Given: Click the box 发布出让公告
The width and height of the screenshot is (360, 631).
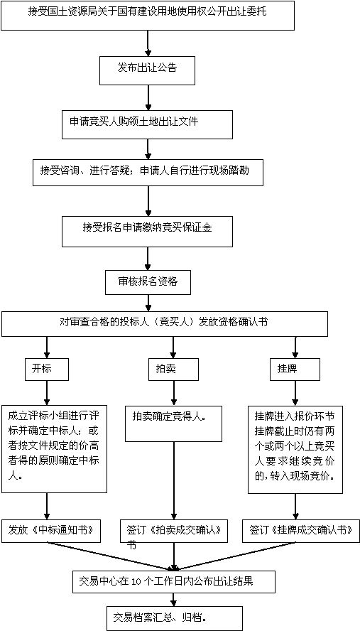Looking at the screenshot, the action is [147, 70].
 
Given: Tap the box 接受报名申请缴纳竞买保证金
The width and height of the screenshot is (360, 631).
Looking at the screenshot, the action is [147, 232].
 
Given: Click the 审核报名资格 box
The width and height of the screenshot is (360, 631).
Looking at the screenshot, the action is [148, 283].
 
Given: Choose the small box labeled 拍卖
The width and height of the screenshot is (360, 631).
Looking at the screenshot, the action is [173, 368].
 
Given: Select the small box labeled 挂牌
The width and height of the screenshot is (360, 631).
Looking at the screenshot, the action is [295, 368].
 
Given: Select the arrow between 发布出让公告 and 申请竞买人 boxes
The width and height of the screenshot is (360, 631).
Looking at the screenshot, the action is [148, 97].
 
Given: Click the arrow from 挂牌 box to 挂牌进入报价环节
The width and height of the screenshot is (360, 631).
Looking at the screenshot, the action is [295, 393].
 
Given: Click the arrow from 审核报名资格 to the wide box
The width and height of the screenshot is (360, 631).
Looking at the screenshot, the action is [148, 303].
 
